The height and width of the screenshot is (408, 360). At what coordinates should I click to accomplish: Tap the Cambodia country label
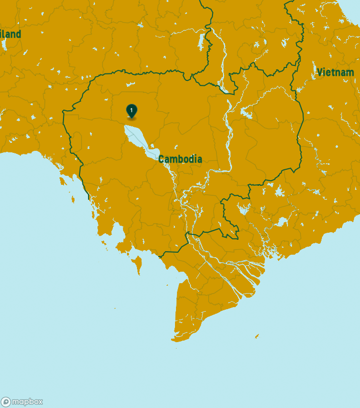(x=180, y=159)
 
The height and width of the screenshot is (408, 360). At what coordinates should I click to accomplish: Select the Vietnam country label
(x=335, y=72)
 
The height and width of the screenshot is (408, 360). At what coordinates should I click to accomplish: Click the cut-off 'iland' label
(x=10, y=34)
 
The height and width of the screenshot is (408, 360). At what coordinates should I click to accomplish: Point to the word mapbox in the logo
(x=27, y=402)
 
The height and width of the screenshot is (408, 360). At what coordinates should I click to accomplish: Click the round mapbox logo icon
(x=6, y=402)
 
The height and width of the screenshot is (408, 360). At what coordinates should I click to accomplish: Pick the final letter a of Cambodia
(x=199, y=160)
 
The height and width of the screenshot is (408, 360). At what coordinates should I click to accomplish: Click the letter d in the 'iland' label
(x=18, y=34)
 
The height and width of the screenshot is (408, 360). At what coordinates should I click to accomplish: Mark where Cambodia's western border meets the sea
(x=89, y=198)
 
